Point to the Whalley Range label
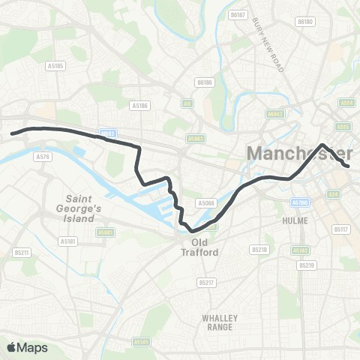(x=220, y=322)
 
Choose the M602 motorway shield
(x=109, y=134)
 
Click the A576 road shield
(x=42, y=157)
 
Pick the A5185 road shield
(x=55, y=66)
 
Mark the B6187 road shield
(x=238, y=14)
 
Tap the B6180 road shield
(x=304, y=22)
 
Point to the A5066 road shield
(x=205, y=203)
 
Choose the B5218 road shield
(x=259, y=249)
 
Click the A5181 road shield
(x=67, y=241)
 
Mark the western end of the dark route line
(x=12, y=134)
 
